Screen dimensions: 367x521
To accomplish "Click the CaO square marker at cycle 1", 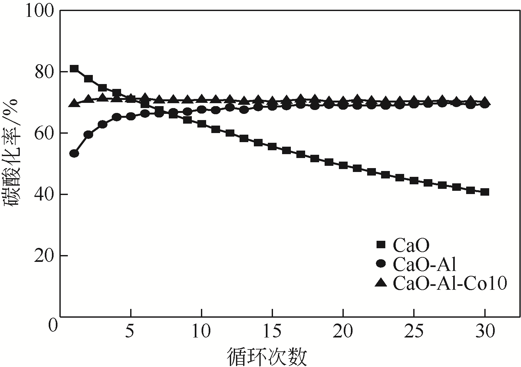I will (74, 68).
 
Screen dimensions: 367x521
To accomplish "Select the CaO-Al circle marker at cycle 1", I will (74, 153).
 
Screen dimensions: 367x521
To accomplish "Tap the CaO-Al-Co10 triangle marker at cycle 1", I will (74, 104).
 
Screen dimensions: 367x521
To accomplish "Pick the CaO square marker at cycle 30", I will (485, 192).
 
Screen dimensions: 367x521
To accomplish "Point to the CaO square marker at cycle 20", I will (343, 165).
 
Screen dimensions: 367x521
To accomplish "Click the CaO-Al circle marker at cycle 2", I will (88, 134).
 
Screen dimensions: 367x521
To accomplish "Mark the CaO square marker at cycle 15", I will (272, 146).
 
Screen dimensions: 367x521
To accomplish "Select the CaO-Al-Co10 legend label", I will (450, 283).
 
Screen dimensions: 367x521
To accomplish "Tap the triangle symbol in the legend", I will (380, 283).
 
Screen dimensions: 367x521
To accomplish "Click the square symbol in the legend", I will (381, 245).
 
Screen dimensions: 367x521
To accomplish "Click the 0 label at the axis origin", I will (52, 324).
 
